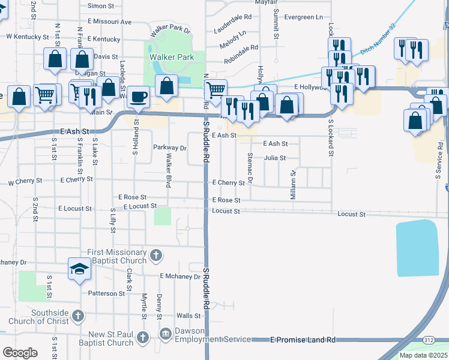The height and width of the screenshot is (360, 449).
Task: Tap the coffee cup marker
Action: coord(139,97)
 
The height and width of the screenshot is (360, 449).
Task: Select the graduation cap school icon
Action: coord(79,269)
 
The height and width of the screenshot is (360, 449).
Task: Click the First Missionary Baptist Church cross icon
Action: coord(155,256)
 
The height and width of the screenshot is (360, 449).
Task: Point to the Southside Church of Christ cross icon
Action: coord(77,316)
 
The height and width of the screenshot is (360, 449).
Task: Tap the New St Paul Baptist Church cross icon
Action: coord(143,338)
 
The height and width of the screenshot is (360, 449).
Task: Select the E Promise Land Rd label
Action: coord(303,340)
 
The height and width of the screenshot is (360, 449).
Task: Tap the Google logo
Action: coord(20,353)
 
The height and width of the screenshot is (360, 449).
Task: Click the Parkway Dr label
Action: coord(170,148)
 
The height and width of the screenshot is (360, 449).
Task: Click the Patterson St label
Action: coord(110,293)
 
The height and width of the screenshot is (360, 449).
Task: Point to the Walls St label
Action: coord(188,316)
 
